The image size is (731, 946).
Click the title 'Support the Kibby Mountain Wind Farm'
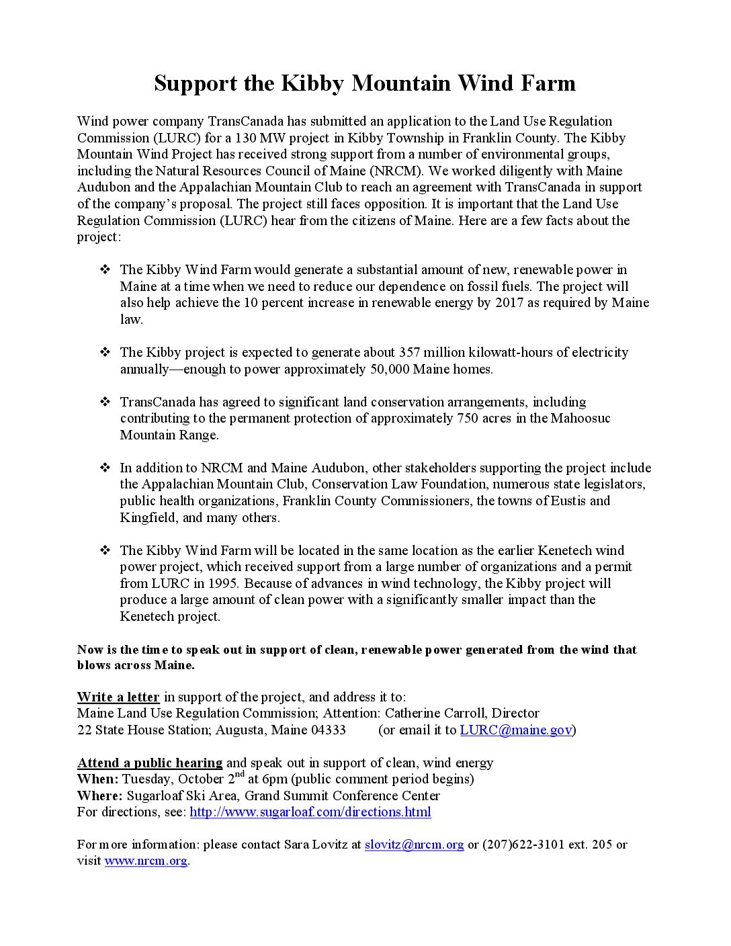[365, 83]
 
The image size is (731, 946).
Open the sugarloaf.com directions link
[310, 812]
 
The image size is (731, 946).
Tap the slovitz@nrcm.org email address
[414, 845]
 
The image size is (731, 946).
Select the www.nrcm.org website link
[146, 861]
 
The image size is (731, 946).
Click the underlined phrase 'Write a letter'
[118, 697]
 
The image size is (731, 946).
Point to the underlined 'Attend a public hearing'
[150, 763]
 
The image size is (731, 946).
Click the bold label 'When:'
[98, 779]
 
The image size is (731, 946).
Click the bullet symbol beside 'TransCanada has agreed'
[105, 402]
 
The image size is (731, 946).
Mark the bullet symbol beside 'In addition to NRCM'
[105, 468]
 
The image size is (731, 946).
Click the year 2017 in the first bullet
[509, 303]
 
